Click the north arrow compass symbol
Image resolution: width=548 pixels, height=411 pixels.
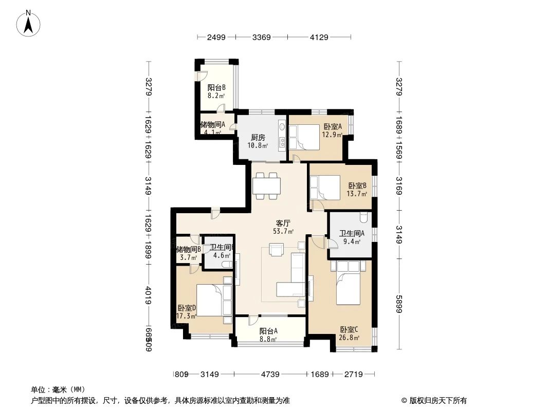pos(29,23)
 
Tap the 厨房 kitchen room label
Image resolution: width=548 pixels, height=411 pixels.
pos(258,138)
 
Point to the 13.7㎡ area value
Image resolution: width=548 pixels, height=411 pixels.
pos(358,194)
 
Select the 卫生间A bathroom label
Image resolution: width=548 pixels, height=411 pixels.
pos(352,233)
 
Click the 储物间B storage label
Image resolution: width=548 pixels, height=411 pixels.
pos(189,250)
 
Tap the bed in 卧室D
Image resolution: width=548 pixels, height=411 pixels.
pos(210,301)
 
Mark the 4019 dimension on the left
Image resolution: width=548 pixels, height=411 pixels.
pos(148,296)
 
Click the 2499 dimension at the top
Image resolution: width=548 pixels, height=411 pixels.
pos(216,37)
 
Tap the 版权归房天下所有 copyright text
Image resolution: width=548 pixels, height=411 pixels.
pos(437,401)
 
